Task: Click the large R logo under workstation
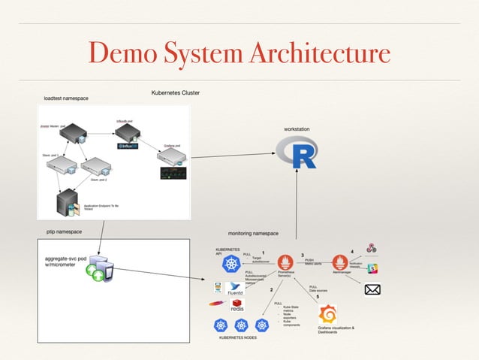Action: [297, 155]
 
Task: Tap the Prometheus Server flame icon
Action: [285, 264]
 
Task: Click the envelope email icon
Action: [372, 289]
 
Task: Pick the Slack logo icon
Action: [372, 268]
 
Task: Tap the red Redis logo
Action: [236, 304]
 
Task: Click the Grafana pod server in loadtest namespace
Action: [170, 158]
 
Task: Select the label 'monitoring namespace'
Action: [253, 234]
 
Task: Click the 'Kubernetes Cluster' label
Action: [175, 92]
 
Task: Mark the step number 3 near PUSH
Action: [302, 254]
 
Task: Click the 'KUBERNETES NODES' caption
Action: [240, 338]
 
